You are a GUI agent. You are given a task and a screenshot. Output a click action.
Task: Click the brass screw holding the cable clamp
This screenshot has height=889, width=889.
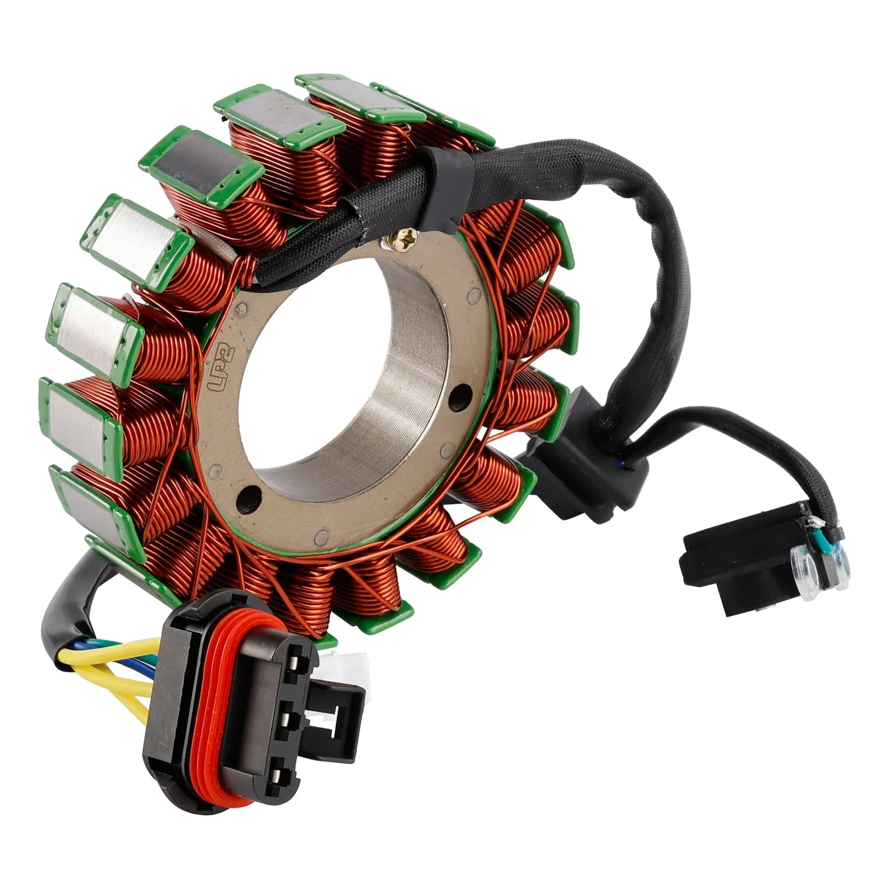pyautogui.click(x=399, y=240)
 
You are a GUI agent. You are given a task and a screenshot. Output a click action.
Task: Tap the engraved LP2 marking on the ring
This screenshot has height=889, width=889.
pyautogui.click(x=221, y=369)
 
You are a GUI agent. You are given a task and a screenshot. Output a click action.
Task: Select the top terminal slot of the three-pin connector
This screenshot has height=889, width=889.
pyautogui.click(x=297, y=664)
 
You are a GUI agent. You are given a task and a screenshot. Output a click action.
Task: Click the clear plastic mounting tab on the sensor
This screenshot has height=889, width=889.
pyautogui.click(x=821, y=568)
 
